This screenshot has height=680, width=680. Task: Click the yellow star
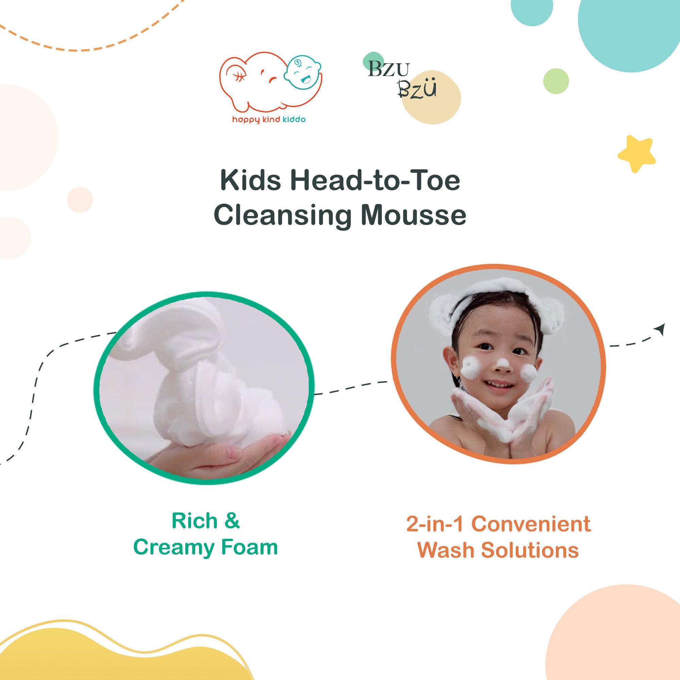636,154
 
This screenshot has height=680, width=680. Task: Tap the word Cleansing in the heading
283,216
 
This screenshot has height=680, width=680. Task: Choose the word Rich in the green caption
194,521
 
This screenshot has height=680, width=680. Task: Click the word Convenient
531,524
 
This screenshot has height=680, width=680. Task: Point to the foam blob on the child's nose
502,363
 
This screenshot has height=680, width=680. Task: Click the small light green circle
556,81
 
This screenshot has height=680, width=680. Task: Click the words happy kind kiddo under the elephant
269,120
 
